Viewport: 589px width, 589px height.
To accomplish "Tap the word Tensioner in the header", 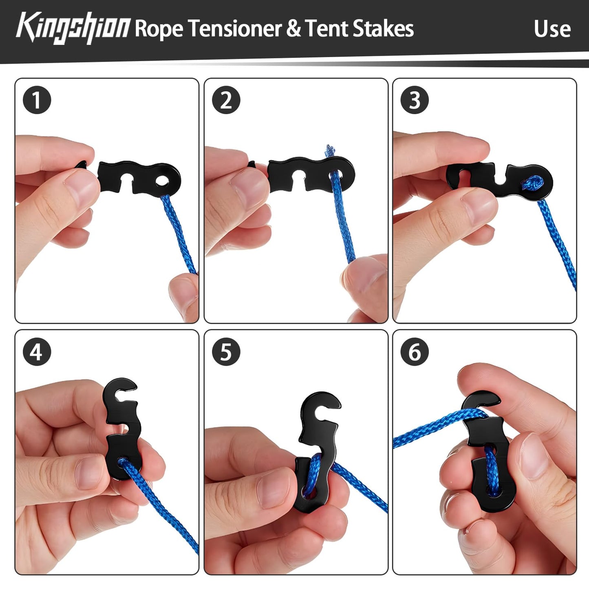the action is [x=235, y=29].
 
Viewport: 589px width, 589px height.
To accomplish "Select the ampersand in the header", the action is [x=294, y=29].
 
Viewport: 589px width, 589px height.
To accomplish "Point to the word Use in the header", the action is [x=552, y=29].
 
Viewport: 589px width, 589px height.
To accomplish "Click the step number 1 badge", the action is [x=37, y=100].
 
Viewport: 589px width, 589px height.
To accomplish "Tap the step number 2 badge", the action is [x=226, y=100].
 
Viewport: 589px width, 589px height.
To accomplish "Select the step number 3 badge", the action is [x=415, y=100].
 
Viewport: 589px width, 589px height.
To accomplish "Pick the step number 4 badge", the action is [x=37, y=351].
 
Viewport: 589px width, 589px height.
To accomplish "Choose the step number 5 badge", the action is [x=226, y=351].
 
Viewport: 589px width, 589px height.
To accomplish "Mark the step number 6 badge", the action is [x=415, y=351].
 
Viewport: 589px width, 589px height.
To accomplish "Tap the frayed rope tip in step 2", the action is [x=329, y=150].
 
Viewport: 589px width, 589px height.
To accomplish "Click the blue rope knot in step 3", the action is [x=532, y=183].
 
